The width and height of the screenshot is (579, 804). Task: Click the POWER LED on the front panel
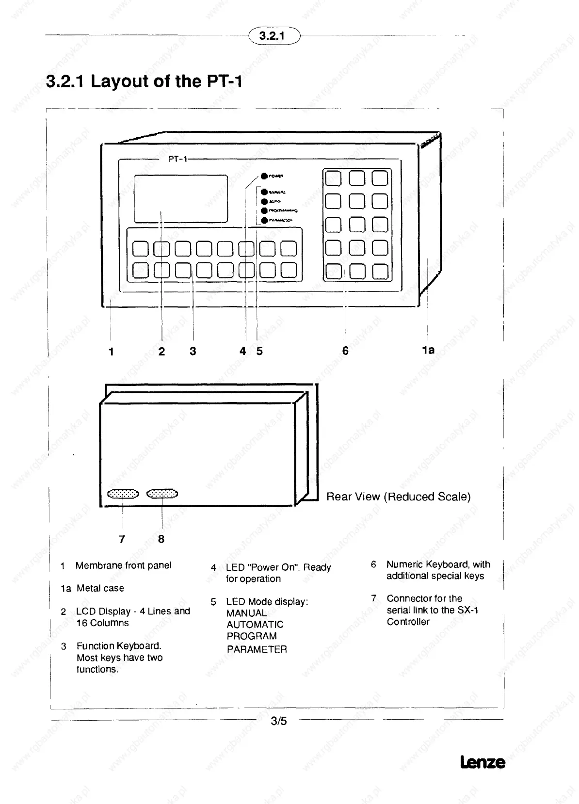tap(264, 176)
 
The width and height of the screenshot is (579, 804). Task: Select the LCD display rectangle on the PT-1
tap(181, 198)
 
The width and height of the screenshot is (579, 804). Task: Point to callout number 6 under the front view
tap(345, 351)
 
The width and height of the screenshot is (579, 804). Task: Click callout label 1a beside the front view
tap(428, 349)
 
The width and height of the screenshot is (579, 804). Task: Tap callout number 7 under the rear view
tap(122, 539)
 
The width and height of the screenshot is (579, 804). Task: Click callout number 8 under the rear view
tap(161, 539)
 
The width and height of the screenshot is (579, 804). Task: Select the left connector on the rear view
tap(123, 494)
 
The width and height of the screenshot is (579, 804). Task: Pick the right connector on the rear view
tap(162, 494)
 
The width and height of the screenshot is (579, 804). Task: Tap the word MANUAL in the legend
tap(246, 613)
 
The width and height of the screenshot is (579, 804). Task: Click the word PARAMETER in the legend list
tap(257, 649)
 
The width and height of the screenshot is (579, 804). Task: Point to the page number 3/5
tap(279, 721)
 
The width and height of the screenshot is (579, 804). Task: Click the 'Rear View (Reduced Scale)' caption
tap(398, 497)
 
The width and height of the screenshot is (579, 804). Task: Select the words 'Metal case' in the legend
tap(100, 588)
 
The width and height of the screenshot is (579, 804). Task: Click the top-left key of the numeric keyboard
tap(333, 178)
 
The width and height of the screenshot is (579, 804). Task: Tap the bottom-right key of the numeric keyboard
tap(380, 271)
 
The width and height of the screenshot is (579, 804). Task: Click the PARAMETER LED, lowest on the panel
tap(264, 221)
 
